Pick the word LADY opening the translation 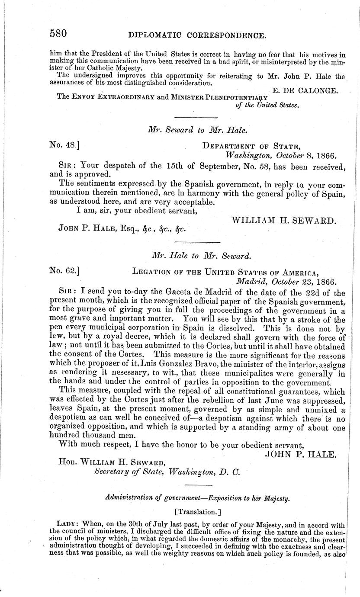point(66,522)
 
